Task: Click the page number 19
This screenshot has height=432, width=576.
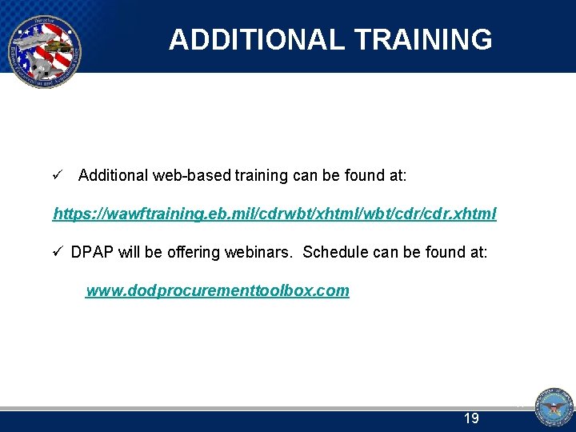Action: tap(471, 418)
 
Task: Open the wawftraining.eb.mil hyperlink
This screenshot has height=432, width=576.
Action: tap(274, 214)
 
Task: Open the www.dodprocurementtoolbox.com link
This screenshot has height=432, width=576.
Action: tap(218, 290)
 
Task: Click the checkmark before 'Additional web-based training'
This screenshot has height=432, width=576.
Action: tap(57, 174)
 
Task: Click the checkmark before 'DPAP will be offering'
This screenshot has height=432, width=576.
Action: tap(57, 252)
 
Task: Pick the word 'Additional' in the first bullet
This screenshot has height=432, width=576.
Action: tap(113, 174)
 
